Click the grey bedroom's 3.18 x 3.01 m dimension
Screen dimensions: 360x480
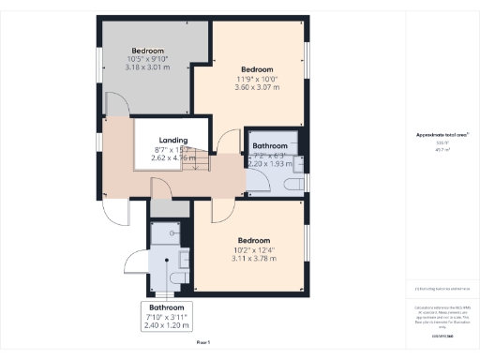[147, 67]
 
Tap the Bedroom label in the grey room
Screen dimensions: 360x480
[147, 51]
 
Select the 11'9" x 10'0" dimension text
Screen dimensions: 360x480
[257, 80]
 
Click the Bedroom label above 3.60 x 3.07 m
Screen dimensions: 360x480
[257, 69]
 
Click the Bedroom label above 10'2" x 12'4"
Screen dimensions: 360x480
[252, 238]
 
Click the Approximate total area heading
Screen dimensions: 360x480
[442, 135]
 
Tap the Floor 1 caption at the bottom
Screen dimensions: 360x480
[203, 344]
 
